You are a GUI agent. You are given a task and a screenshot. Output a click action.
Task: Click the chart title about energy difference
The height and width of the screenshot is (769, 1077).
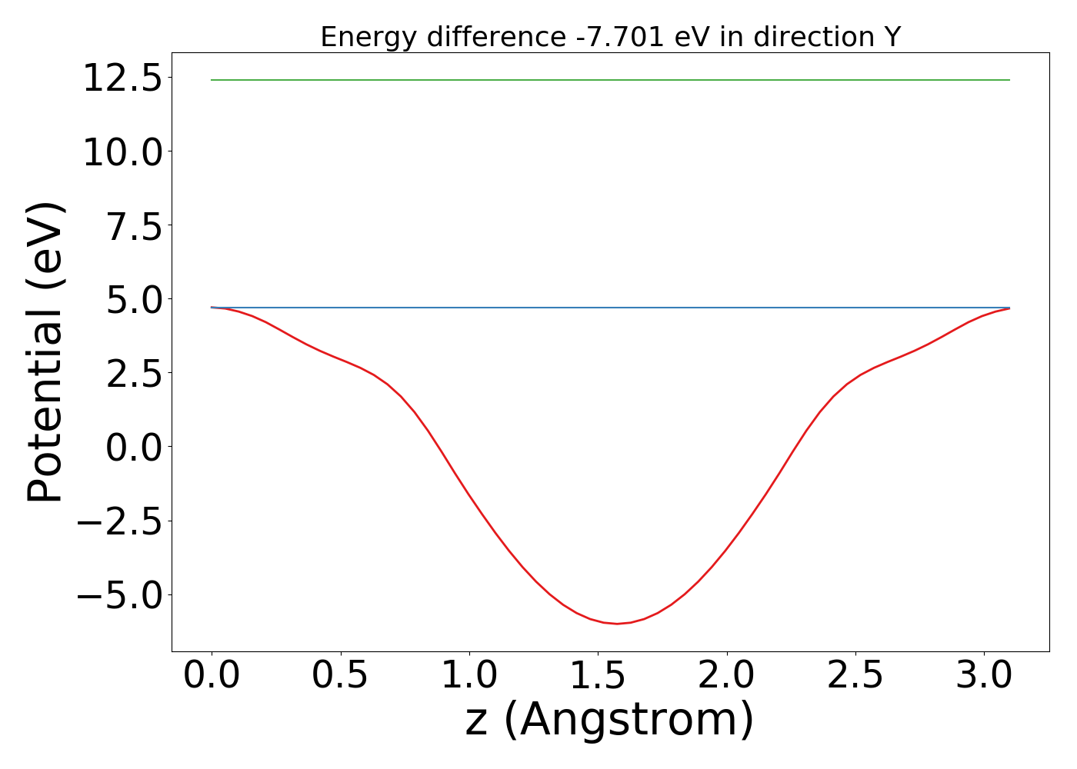tap(610, 37)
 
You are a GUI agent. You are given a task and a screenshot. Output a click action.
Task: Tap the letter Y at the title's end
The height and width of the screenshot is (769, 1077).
tap(892, 37)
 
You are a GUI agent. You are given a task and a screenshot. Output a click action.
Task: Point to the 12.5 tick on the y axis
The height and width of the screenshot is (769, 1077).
tap(123, 79)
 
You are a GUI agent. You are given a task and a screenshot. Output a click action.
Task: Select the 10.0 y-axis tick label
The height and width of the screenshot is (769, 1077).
tap(123, 153)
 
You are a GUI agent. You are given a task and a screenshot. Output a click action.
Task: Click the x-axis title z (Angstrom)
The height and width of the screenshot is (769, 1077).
tap(610, 721)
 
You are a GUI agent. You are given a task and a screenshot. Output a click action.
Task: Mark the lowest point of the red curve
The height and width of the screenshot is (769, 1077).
tap(617, 624)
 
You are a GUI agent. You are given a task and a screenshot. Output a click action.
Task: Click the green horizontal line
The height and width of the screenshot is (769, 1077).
tap(610, 80)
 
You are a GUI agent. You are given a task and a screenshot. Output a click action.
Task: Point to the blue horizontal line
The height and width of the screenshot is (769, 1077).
tap(610, 308)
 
